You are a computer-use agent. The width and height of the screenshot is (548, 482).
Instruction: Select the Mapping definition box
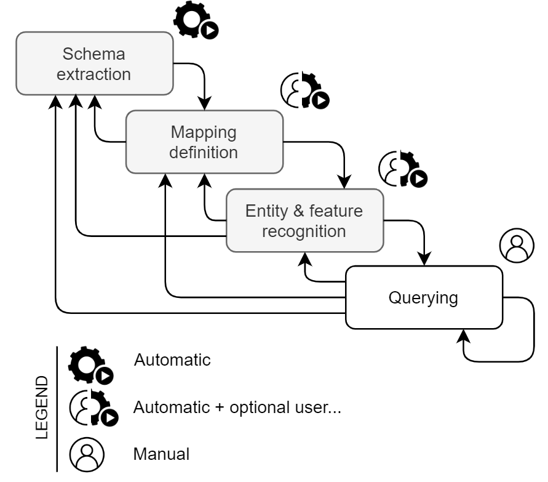point(204,142)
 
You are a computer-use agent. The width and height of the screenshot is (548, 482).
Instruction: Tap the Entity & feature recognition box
point(304,221)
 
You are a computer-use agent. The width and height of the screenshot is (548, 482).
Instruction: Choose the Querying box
point(423,298)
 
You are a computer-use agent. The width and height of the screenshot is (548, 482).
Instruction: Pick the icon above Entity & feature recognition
point(402,168)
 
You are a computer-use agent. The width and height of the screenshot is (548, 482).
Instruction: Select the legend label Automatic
point(172,359)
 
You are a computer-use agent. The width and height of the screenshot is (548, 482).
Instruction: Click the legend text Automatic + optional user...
point(237,407)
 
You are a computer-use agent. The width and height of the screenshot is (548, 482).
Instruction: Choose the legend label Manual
point(161,454)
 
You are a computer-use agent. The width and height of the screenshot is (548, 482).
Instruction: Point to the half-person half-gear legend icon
point(92,408)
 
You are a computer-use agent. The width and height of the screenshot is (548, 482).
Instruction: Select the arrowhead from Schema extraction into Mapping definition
point(204,105)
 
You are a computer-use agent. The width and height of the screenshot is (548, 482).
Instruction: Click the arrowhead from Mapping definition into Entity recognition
point(344,183)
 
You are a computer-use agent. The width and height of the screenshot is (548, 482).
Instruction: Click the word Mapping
point(204,132)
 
